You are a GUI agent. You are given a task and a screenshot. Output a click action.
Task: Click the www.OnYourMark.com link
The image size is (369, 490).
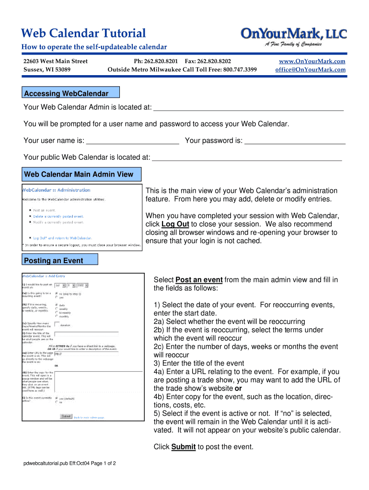(312, 61)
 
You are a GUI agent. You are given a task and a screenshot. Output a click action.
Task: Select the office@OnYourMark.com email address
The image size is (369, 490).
(310, 69)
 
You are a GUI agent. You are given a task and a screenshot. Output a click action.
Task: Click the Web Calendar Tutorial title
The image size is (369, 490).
(84, 33)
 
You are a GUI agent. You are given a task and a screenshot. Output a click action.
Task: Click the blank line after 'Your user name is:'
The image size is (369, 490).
(133, 141)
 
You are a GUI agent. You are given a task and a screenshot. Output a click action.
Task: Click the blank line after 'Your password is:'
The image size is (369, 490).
(294, 141)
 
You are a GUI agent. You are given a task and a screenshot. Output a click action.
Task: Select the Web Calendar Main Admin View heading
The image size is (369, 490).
(79, 174)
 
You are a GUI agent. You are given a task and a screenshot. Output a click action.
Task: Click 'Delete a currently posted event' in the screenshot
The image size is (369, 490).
(59, 216)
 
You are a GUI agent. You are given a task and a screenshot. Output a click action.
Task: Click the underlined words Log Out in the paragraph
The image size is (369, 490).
(175, 224)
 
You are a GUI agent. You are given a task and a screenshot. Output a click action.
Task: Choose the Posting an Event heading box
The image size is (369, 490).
(60, 260)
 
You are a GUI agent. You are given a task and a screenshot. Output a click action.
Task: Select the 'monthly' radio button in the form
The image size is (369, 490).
(57, 316)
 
